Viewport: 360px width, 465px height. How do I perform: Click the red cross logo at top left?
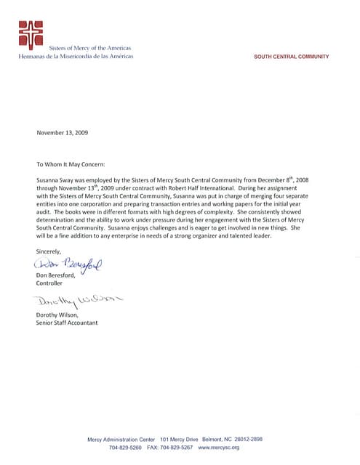pyautogui.click(x=31, y=34)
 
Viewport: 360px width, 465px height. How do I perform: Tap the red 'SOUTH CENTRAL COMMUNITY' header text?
pyautogui.click(x=291, y=57)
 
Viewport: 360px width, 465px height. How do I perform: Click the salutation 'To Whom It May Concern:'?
pyautogui.click(x=71, y=164)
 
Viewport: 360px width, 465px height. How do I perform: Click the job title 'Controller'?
pyautogui.click(x=49, y=283)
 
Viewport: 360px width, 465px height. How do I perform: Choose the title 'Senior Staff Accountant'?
pyautogui.click(x=66, y=322)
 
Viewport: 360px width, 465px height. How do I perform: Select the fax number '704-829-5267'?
pyautogui.click(x=177, y=448)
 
